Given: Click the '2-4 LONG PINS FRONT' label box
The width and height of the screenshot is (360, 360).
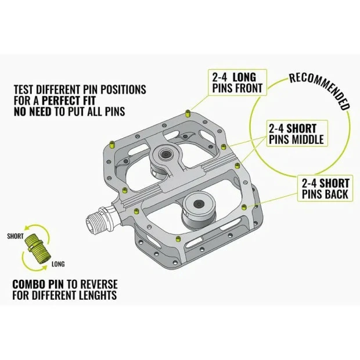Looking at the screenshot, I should pos(237,82).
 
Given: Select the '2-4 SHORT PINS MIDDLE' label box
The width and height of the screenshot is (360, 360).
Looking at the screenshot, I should pos(296,134).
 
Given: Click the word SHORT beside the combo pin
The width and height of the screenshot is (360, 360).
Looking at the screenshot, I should pos(16,236).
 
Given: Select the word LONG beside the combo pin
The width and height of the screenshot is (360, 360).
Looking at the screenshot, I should pos(58,264).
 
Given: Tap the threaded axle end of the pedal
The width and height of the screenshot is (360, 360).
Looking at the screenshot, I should pos(100,220).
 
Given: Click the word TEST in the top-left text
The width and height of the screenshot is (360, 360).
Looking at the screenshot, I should pos(26,90).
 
